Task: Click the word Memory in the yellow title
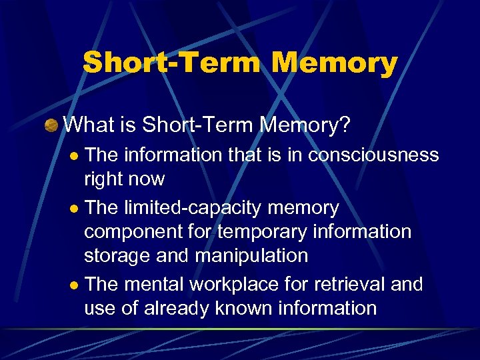point(335,63)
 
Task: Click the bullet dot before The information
point(75,157)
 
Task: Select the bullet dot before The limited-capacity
point(75,209)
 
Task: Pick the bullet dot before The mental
point(75,285)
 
